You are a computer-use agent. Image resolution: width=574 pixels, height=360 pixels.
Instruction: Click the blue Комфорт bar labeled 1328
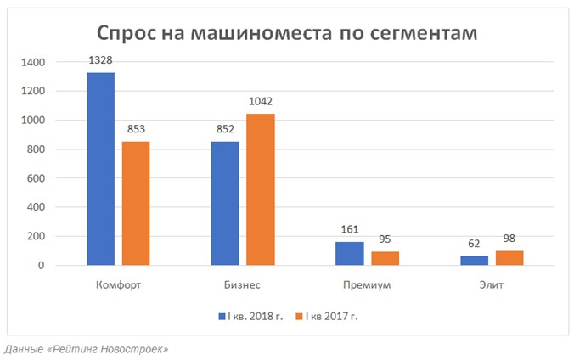100,169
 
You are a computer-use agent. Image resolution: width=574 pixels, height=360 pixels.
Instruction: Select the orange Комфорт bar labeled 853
135,204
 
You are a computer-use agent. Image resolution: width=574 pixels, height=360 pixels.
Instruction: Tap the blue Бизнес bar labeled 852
225,204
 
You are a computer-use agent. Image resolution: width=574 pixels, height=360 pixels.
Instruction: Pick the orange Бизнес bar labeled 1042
261,189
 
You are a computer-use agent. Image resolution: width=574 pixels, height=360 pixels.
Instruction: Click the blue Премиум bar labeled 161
350,254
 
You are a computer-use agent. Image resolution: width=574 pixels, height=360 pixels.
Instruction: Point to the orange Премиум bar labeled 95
385,259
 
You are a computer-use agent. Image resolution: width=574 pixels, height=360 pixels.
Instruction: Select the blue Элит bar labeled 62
475,261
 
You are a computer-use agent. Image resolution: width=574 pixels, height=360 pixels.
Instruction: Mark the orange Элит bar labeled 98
509,258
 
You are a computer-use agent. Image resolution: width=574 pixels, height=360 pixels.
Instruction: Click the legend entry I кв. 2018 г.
250,316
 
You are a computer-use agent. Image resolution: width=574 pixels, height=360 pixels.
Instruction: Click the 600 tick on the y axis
37,178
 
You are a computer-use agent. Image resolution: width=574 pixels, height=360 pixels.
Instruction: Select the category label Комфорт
118,284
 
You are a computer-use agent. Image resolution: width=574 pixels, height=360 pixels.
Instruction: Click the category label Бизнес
243,284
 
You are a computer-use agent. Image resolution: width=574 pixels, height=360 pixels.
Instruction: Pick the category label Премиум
368,284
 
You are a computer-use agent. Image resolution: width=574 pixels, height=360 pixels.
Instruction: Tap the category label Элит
492,284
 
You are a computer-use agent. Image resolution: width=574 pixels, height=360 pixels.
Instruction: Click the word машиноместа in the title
260,33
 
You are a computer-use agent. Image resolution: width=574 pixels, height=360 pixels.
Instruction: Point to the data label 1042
261,102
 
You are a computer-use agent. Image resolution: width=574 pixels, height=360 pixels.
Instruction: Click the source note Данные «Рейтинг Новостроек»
86,349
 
